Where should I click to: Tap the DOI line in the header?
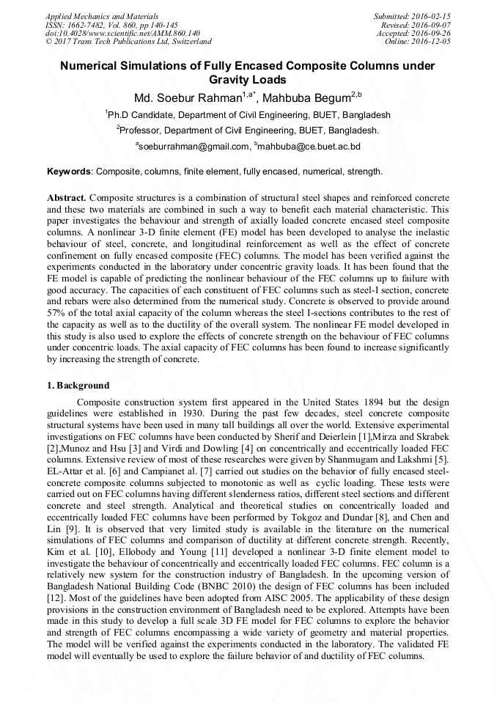(122, 33)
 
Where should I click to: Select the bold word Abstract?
(67, 199)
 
